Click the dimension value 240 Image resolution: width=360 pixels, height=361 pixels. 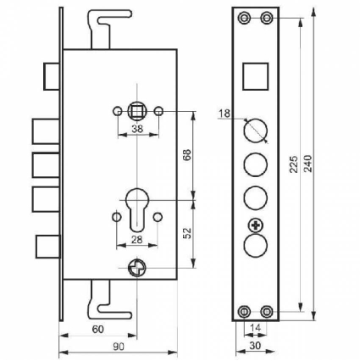308,164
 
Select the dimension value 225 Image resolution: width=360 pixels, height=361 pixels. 294,164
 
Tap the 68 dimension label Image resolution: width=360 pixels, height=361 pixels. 187,155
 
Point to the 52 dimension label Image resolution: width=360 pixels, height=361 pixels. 187,233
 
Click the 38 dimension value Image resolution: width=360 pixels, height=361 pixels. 137,129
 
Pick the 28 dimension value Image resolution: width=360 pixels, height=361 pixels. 137,240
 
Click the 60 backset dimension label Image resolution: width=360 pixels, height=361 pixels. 98,329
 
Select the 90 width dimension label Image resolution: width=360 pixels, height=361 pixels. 119,347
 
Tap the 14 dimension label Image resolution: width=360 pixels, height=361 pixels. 256,328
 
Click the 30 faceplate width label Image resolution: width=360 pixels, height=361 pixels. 255,346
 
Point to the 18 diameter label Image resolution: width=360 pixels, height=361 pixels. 224,114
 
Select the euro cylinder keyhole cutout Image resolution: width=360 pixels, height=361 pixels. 137,208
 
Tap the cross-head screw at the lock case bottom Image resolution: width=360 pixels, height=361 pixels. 137,268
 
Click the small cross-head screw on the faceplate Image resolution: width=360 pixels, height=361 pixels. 256,225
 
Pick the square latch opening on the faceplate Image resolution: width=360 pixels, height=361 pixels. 256,76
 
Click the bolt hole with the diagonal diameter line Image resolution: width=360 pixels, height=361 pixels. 256,131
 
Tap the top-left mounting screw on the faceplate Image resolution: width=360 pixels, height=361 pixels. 243,18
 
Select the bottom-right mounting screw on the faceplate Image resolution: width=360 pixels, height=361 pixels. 266,312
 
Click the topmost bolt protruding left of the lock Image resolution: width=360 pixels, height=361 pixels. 52,76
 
